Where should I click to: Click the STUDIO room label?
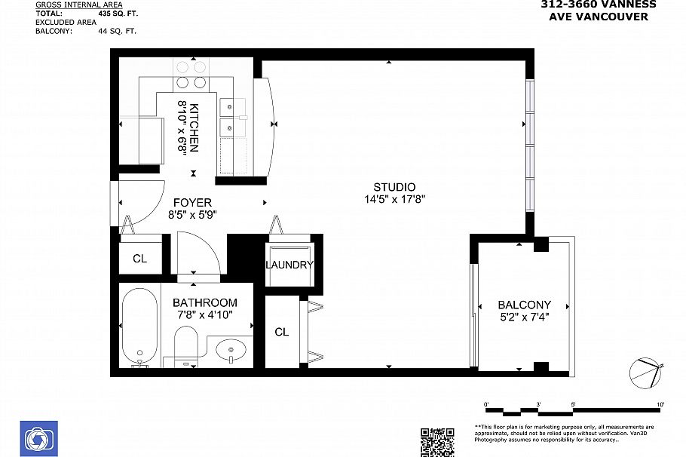(394, 187)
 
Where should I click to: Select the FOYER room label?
(192, 202)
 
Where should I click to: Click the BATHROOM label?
(204, 302)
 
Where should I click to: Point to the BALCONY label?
(524, 305)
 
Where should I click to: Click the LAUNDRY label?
(289, 265)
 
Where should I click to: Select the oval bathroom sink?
(230, 350)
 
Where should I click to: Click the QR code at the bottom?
(437, 442)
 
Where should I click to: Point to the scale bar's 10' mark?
(660, 405)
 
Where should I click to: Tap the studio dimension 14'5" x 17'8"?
(394, 200)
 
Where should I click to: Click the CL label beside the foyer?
(139, 259)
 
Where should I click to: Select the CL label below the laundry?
(281, 332)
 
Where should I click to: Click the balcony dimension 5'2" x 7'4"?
(524, 317)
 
